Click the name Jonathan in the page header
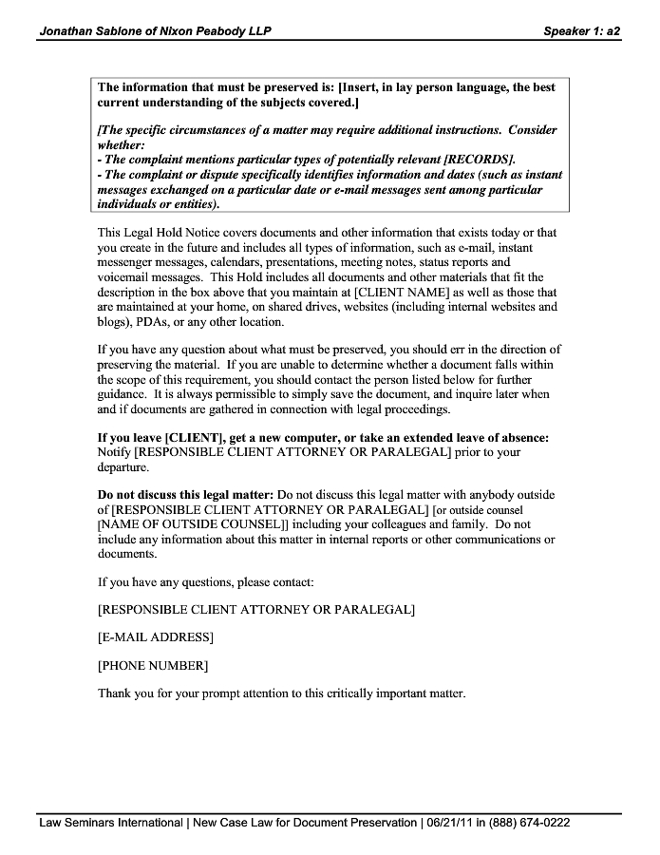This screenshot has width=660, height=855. [67, 31]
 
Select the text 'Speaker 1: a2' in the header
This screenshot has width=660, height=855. [581, 31]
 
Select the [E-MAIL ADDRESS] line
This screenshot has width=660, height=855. [156, 636]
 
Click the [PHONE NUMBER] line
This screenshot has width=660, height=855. [153, 665]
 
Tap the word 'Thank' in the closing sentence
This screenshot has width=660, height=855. [115, 693]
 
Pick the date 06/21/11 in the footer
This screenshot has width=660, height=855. [452, 823]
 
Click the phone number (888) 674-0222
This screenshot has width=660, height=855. [532, 823]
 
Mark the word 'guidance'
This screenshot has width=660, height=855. [123, 395]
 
